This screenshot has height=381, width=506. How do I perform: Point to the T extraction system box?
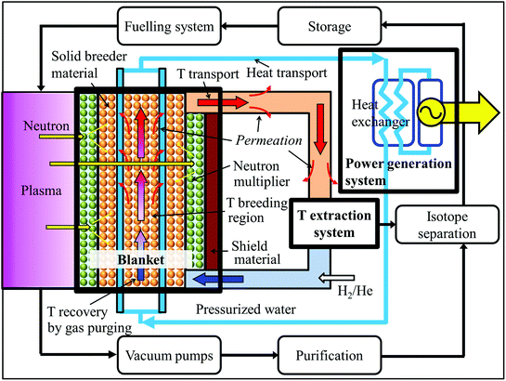tap(337, 222)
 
